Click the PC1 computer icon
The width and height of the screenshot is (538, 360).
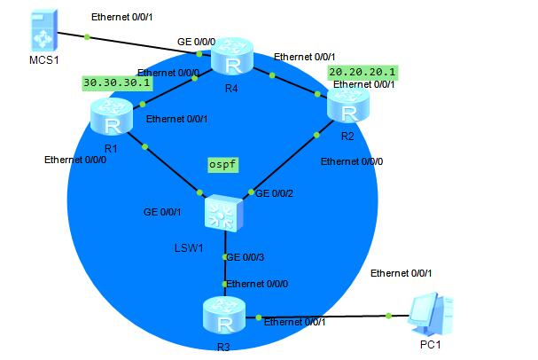tap(432, 314)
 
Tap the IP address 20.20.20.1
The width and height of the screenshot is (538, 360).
tap(361, 70)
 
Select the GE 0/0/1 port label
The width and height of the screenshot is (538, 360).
tap(164, 212)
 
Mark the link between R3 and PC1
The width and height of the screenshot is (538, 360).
tap(324, 316)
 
